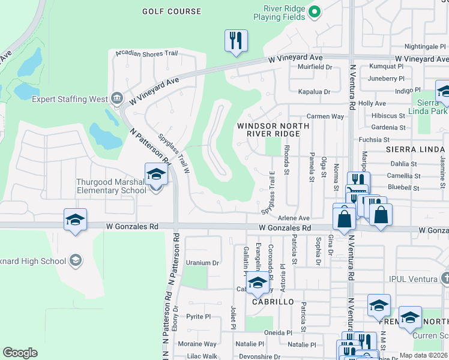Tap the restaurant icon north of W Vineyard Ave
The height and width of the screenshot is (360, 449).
(x=236, y=41)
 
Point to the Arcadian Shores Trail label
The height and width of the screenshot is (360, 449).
(x=147, y=53)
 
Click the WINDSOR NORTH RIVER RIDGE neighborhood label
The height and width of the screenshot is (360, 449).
(x=273, y=130)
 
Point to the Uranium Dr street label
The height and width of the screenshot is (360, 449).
(x=202, y=263)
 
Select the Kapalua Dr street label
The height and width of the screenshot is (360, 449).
(x=315, y=92)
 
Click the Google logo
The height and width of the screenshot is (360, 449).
(x=20, y=353)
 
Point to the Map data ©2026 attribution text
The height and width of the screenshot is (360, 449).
(x=423, y=355)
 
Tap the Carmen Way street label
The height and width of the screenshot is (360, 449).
(x=325, y=116)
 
